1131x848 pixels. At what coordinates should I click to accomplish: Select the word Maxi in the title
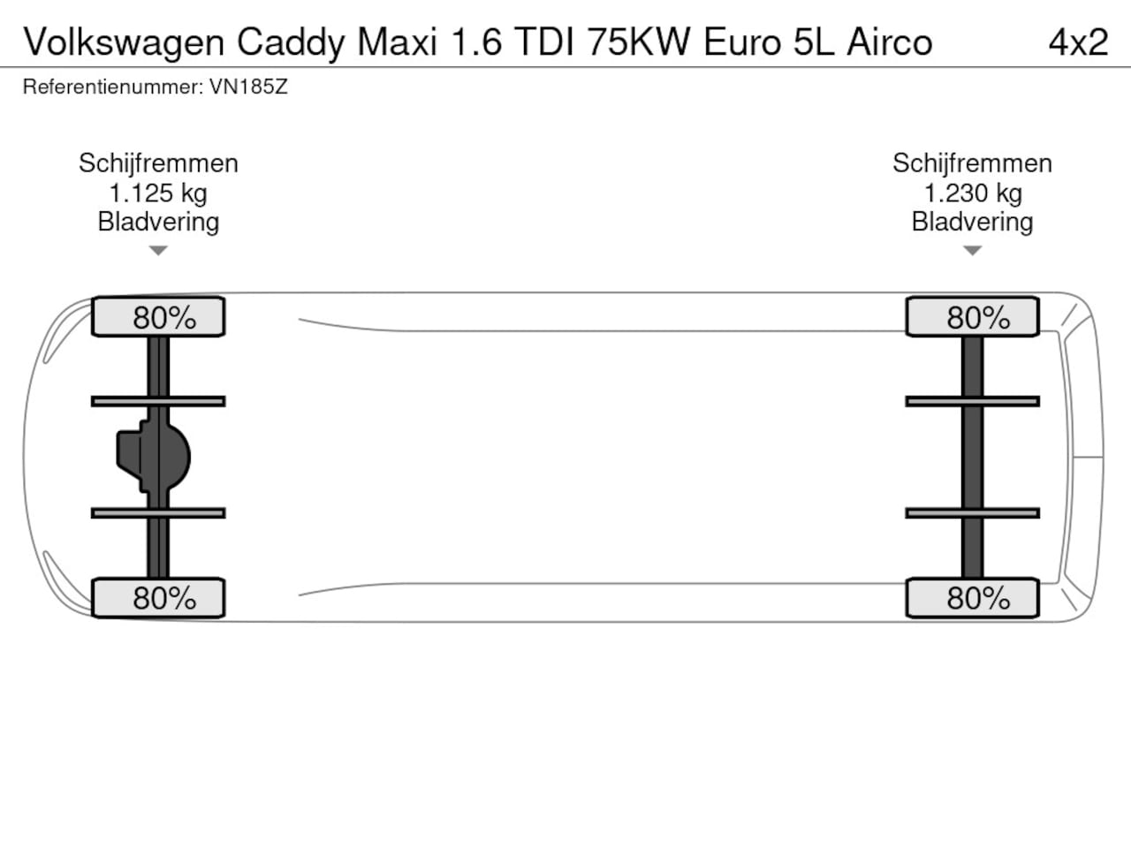(397, 42)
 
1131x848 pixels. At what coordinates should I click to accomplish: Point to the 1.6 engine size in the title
(476, 42)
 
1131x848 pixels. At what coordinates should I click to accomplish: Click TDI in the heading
(544, 42)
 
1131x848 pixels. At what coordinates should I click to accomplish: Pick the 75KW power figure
(639, 42)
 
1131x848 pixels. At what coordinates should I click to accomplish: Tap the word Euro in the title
(742, 42)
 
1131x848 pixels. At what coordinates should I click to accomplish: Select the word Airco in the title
(890, 42)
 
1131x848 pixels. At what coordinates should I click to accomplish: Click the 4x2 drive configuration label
(1079, 42)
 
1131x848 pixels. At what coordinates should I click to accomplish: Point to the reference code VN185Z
(248, 87)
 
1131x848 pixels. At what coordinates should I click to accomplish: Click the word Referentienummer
(113, 87)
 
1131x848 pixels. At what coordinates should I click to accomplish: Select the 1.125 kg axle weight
(158, 193)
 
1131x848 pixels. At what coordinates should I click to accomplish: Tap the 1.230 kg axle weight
(973, 193)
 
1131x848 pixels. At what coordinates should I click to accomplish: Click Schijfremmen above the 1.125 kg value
(158, 163)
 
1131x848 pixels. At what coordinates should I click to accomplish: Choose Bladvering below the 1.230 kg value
(972, 223)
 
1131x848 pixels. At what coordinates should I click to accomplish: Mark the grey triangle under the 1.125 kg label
(158, 250)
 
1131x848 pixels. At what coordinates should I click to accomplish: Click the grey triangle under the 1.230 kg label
(972, 250)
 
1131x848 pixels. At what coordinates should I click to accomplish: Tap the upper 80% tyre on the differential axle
(158, 316)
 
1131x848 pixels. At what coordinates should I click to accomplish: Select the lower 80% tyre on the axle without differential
(972, 598)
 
